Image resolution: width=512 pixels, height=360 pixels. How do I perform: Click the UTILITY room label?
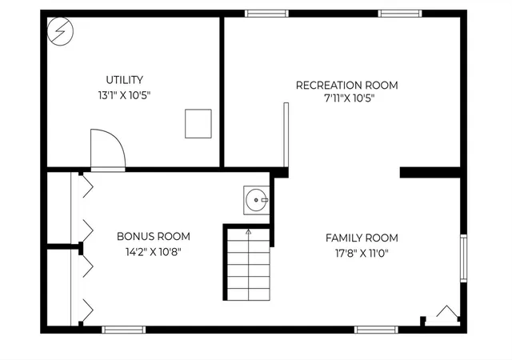(x=125, y=80)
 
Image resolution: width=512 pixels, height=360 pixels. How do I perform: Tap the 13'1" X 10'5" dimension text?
(x=125, y=95)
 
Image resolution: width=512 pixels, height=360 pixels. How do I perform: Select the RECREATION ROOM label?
(x=346, y=86)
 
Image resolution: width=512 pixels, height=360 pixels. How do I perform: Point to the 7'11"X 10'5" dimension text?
(x=349, y=98)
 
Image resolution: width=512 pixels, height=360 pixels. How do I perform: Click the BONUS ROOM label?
(x=154, y=236)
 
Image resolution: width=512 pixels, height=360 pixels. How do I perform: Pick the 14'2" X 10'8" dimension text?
(x=154, y=252)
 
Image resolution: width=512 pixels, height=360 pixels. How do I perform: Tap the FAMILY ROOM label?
(x=362, y=238)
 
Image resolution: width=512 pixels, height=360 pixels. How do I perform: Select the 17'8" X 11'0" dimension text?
(x=362, y=253)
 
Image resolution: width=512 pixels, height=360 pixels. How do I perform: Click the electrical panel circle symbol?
(x=61, y=31)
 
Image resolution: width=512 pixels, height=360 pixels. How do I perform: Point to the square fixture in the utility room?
(x=198, y=123)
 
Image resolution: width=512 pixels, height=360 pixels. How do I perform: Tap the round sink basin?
(x=256, y=200)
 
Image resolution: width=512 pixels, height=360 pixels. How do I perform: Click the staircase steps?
(x=249, y=264)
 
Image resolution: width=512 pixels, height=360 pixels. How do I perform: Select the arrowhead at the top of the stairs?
(x=249, y=232)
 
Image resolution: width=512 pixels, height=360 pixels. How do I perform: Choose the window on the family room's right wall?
(x=464, y=258)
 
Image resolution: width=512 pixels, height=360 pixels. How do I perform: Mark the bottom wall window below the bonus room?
(x=124, y=330)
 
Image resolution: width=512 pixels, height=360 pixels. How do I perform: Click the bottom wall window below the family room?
(x=376, y=330)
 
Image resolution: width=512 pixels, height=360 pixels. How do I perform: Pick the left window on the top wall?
(x=266, y=14)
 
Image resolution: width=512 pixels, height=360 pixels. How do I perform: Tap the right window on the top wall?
(x=400, y=14)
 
